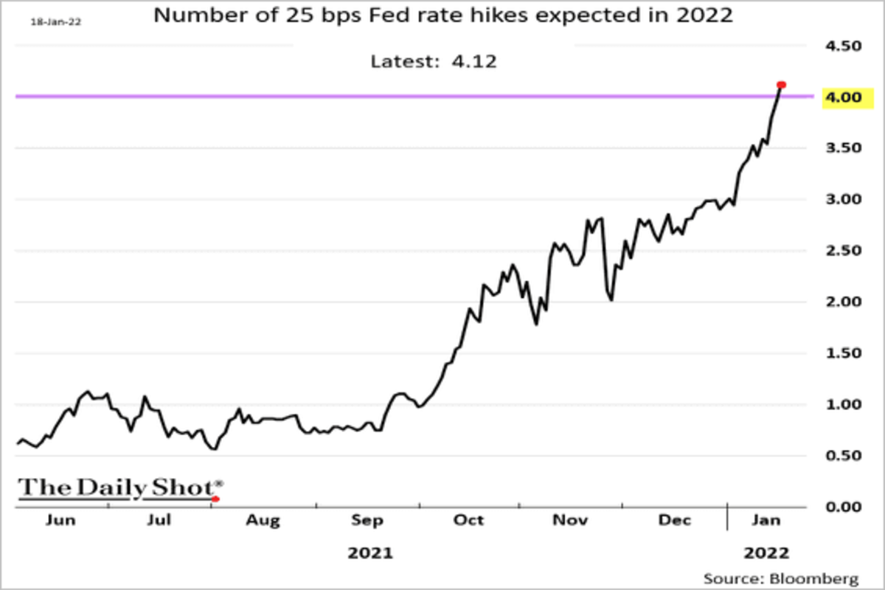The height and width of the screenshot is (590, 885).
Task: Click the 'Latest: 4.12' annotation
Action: pos(434,61)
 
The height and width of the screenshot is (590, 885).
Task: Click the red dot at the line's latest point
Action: pos(782,85)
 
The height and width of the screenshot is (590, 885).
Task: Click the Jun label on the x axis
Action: pos(60,521)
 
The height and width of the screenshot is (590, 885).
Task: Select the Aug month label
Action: pos(263,521)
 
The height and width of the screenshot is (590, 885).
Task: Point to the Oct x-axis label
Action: pos(469,521)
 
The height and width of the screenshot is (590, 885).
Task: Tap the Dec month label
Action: pos(675,521)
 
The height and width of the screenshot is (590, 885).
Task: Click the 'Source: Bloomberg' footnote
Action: pos(781,577)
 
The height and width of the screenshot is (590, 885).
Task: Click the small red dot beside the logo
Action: pos(215,499)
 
